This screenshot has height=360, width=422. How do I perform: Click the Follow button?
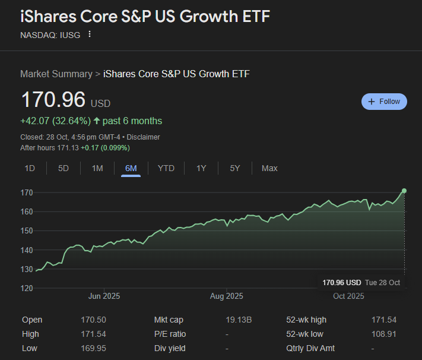pyautogui.click(x=384, y=102)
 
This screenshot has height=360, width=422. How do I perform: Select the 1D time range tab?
pyautogui.click(x=30, y=168)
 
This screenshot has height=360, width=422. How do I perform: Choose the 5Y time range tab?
pyautogui.click(x=235, y=168)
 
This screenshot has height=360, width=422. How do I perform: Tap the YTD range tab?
pyautogui.click(x=166, y=168)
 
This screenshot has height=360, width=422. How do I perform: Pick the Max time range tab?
pyautogui.click(x=269, y=168)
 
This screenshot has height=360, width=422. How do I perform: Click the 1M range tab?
pyautogui.click(x=97, y=168)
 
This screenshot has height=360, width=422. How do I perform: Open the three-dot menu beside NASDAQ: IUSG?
pyautogui.click(x=90, y=34)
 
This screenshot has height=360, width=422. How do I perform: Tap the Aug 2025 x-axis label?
pyautogui.click(x=226, y=296)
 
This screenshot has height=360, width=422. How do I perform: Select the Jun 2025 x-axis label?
pyautogui.click(x=104, y=296)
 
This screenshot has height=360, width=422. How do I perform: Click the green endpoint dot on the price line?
pyautogui.click(x=404, y=191)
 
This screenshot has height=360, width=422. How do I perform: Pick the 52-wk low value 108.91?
pyautogui.click(x=383, y=334)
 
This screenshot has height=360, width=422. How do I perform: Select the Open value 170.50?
pyautogui.click(x=93, y=320)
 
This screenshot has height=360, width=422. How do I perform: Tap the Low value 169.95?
pyautogui.click(x=93, y=348)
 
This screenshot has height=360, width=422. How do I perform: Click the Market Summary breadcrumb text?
pyautogui.click(x=56, y=74)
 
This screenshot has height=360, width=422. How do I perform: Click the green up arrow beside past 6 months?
pyautogui.click(x=97, y=121)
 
